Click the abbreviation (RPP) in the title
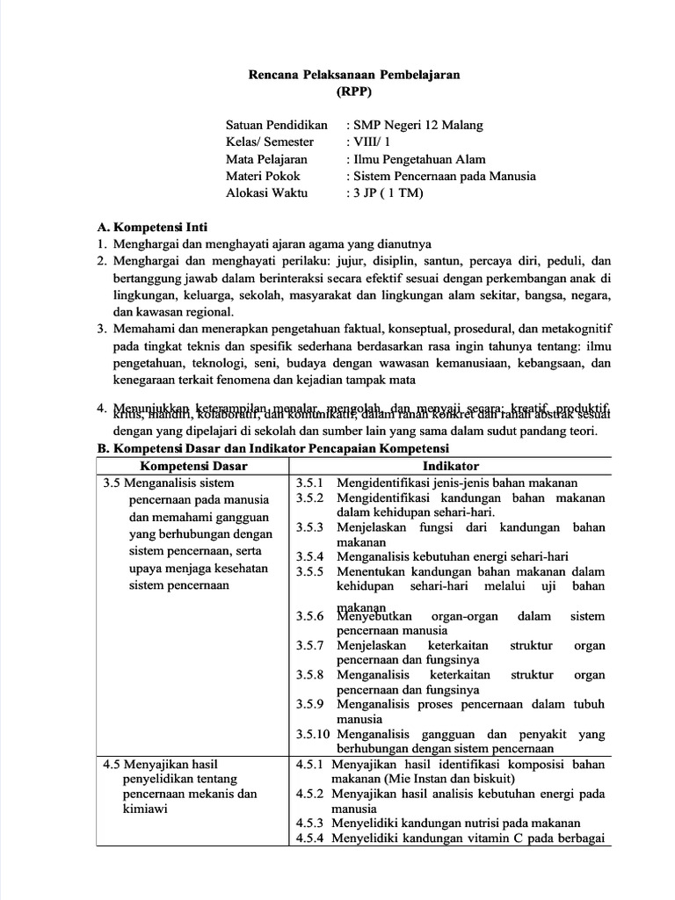tap(355, 91)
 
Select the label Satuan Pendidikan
tap(276, 126)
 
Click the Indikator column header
tap(451, 466)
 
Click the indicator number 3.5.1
tap(309, 483)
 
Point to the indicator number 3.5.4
tap(309, 556)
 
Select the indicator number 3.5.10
tap(312, 734)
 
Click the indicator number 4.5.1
tap(309, 765)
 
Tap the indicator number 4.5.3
tap(309, 824)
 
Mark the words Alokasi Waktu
tap(263, 192)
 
